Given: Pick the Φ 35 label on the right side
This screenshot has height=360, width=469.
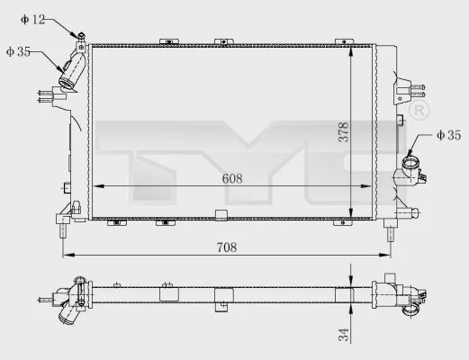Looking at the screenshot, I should coord(447,135).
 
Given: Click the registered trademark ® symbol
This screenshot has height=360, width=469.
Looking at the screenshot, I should coord(418,111).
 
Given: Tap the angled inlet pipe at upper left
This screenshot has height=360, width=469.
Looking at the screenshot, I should coord(72,70).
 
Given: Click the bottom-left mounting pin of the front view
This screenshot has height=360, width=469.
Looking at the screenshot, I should coord(63,230).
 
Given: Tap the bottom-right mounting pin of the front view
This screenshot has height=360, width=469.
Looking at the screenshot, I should coord(390,233).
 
